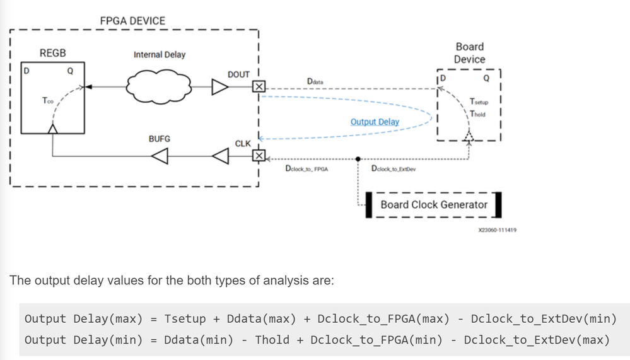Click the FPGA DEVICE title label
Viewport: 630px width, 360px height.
tap(132, 21)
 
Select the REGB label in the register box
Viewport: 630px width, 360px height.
tap(52, 53)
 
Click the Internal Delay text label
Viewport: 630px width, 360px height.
tap(160, 55)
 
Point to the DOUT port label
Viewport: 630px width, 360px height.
tap(238, 74)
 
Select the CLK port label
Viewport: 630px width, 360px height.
tap(243, 144)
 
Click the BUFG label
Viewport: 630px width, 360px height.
tap(159, 138)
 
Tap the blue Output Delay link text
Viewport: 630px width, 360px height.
tap(375, 121)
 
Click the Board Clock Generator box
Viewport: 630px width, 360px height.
tap(435, 204)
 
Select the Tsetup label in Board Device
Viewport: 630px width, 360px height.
tap(479, 102)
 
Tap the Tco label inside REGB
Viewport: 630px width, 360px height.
tap(48, 100)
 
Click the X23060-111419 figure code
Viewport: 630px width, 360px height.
tap(498, 230)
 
